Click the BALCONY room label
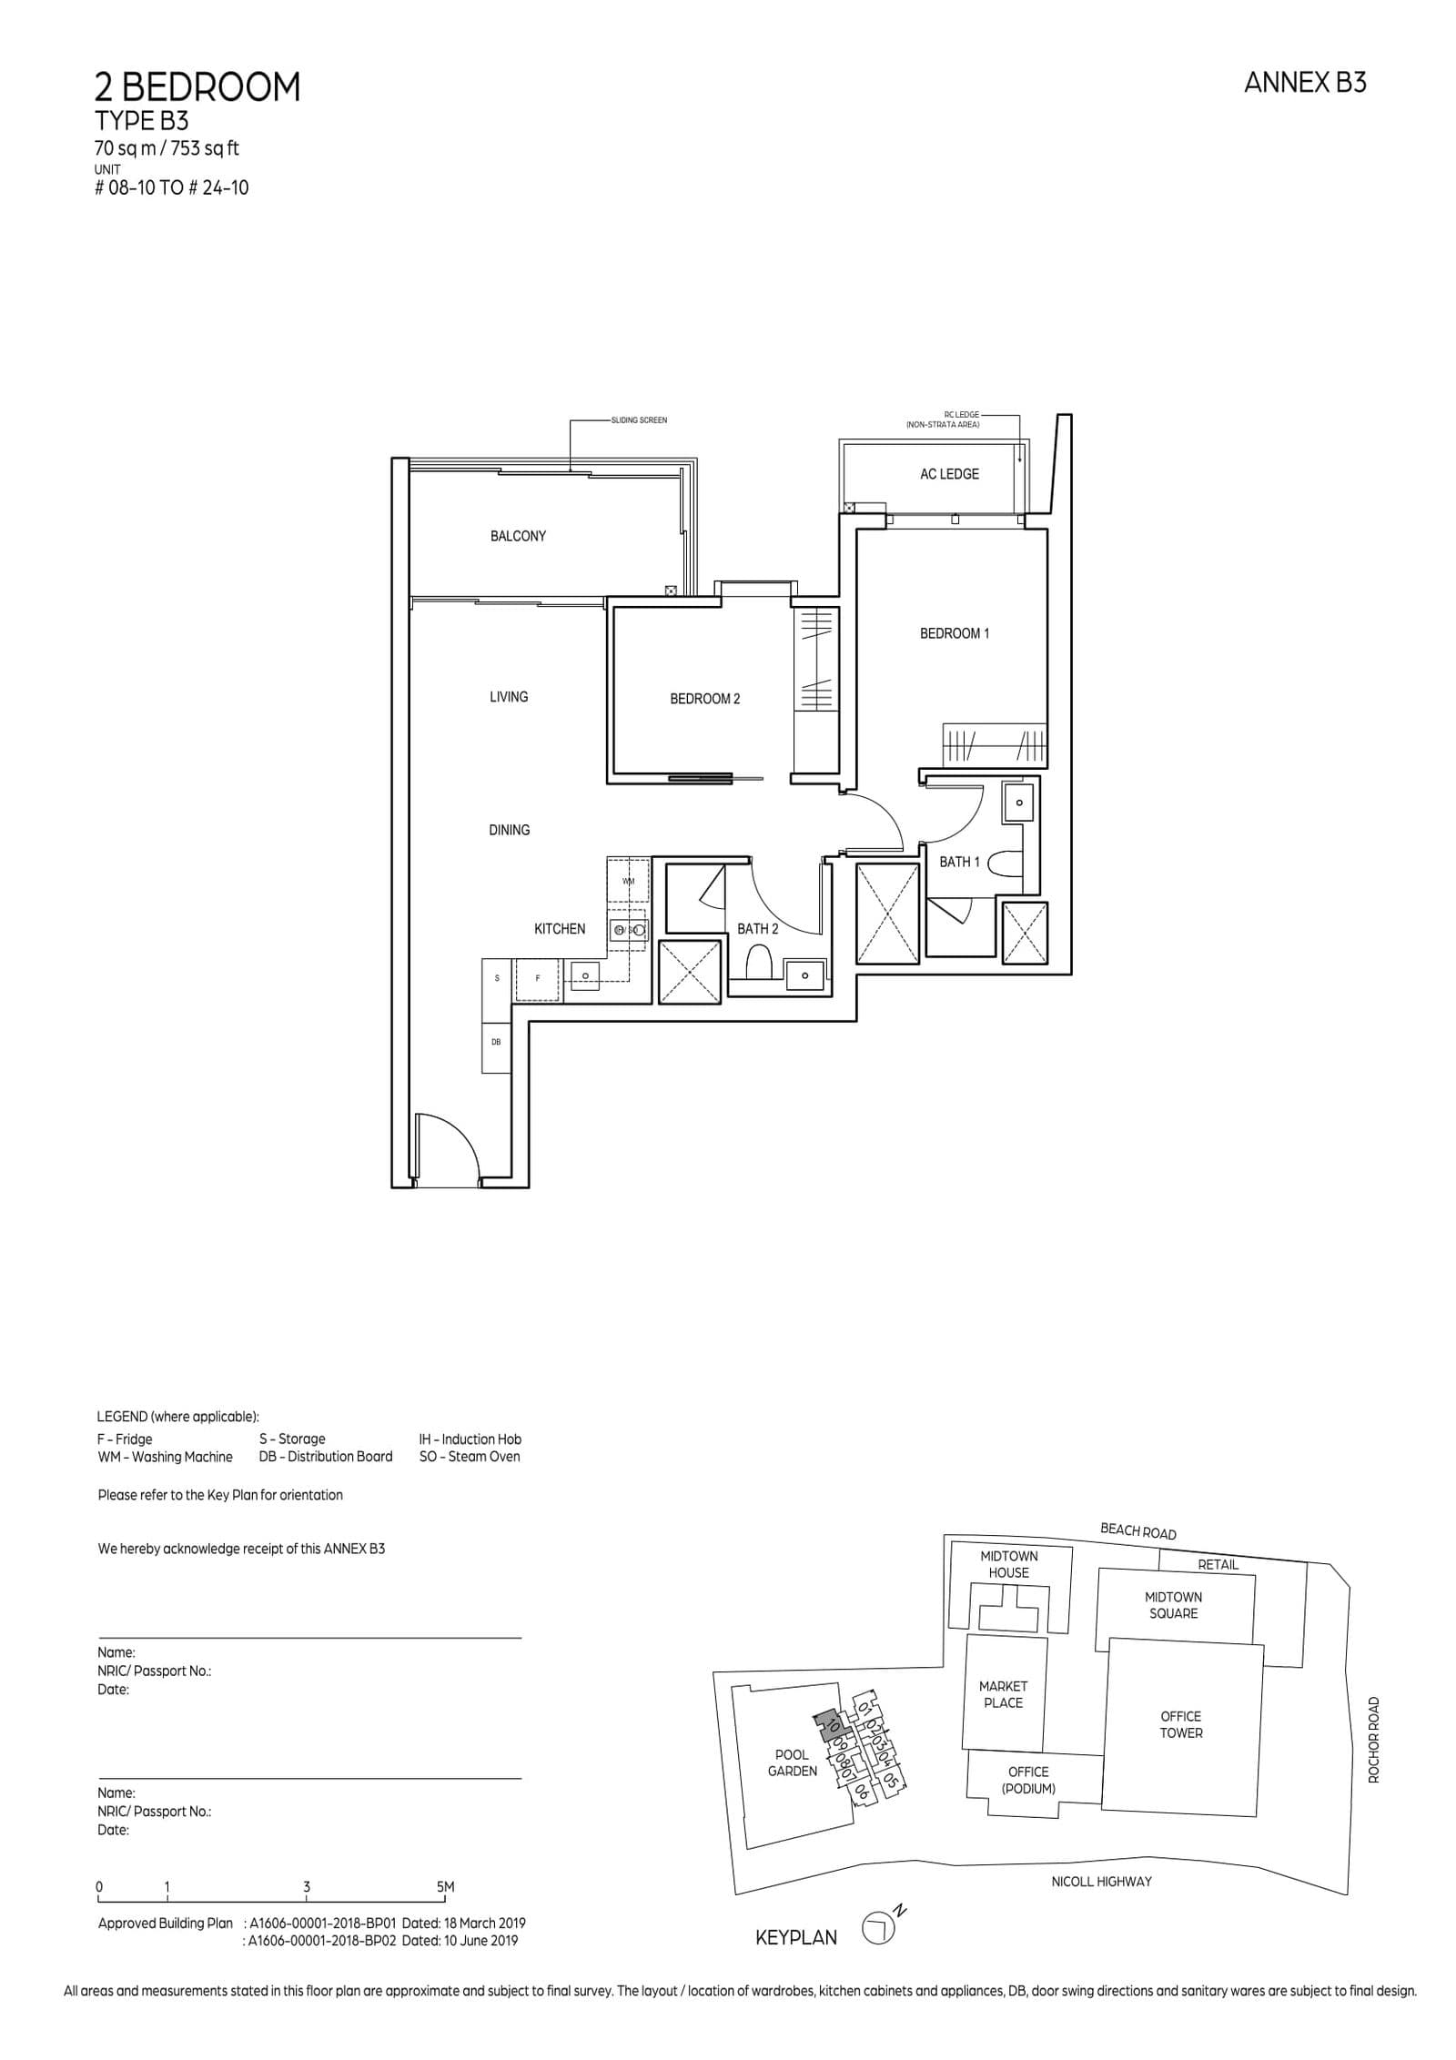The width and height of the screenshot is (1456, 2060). tap(518, 536)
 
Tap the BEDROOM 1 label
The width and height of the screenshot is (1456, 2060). tap(954, 633)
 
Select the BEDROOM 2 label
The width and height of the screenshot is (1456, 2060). tap(704, 699)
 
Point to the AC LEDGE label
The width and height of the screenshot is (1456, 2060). tap(949, 474)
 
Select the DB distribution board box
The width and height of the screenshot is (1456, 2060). tap(496, 1042)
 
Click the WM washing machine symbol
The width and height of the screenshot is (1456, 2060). tap(628, 881)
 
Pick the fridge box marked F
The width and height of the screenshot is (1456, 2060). tap(538, 978)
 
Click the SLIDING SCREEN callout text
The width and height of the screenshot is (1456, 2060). tap(640, 420)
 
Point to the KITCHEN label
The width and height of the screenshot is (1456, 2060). tap(560, 929)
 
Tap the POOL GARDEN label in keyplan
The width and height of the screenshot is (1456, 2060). tap(793, 1762)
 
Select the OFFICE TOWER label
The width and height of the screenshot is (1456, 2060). tap(1180, 1724)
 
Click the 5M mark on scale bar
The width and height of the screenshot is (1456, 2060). tap(445, 1887)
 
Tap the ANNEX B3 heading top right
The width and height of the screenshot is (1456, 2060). tap(1304, 83)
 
